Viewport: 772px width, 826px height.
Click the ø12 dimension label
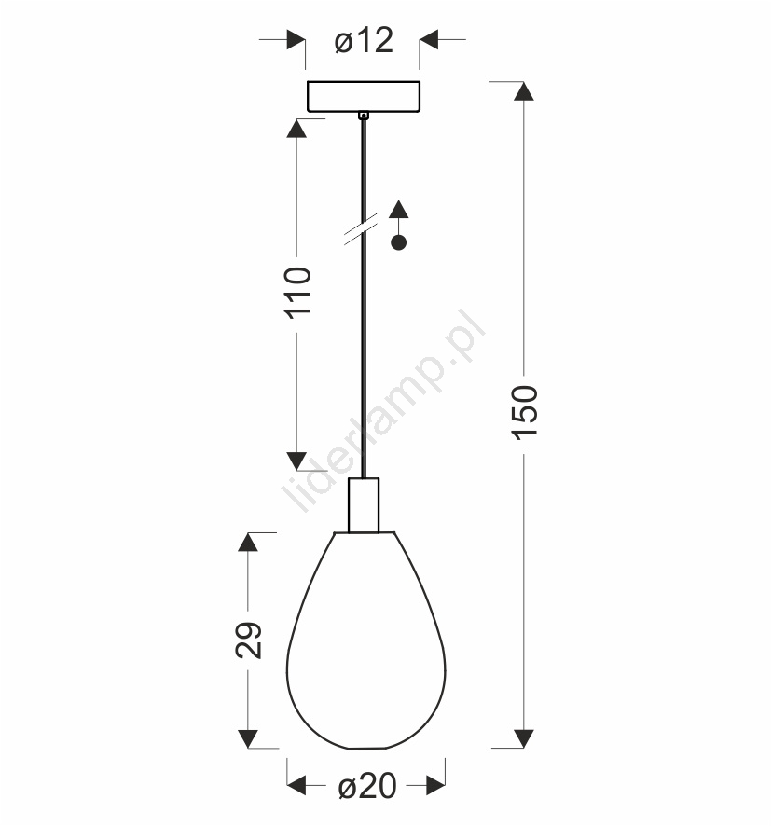[x=364, y=41]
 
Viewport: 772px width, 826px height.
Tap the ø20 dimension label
[x=367, y=787]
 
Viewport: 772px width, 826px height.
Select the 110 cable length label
[x=297, y=293]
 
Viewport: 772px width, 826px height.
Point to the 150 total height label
[x=525, y=412]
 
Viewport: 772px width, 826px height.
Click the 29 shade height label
[x=248, y=640]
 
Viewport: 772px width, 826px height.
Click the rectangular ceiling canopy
[x=364, y=96]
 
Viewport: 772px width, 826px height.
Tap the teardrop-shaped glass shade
[x=365, y=640]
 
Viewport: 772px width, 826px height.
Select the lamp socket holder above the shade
[x=364, y=505]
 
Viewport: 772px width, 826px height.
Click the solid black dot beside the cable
[x=398, y=242]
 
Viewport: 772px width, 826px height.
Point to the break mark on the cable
[x=361, y=229]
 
